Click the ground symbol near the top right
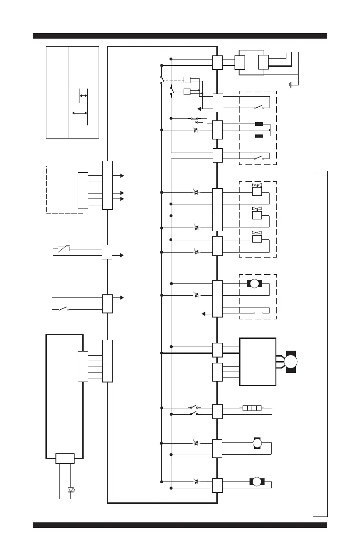(x=290, y=84)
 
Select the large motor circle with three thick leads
(x=291, y=362)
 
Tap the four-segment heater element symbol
(x=252, y=408)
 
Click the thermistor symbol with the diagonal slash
(x=64, y=249)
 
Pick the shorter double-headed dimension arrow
(x=83, y=96)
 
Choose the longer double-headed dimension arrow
(x=80, y=113)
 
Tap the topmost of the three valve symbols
(x=257, y=189)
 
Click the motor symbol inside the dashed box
(x=255, y=284)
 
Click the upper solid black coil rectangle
(x=259, y=124)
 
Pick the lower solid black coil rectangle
(x=259, y=136)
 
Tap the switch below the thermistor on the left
(x=63, y=309)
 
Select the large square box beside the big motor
(x=258, y=362)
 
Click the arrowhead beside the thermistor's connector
(x=121, y=255)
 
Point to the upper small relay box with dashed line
(x=187, y=80)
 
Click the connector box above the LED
(x=65, y=458)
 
